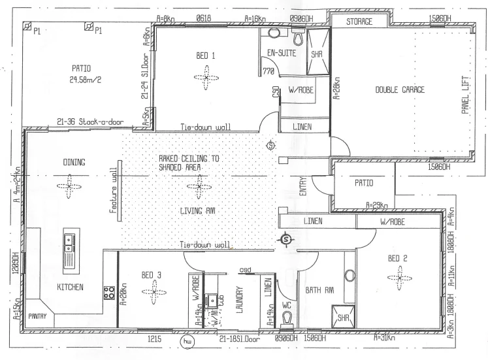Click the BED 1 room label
tap(206, 56)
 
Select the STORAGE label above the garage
tap(359, 22)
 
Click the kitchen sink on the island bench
tap(69, 245)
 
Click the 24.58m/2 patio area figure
tap(82, 82)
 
